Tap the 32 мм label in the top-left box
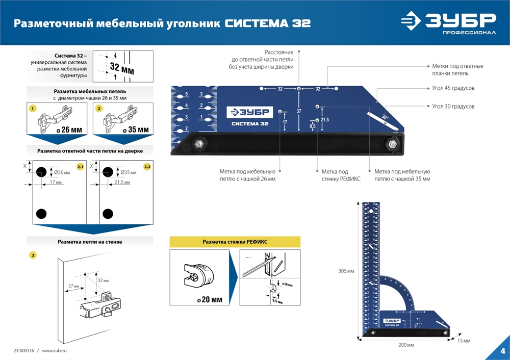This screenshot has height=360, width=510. [x=122, y=68]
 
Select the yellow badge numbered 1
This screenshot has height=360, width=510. [x=33, y=109]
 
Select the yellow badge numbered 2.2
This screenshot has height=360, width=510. [x=147, y=167]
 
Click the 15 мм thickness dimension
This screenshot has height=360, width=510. [x=464, y=340]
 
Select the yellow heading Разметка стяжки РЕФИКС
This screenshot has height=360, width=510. [x=235, y=242]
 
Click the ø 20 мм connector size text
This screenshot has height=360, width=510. [x=210, y=299]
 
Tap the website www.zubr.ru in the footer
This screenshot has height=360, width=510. [x=55, y=351]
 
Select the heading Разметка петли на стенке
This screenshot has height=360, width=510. [x=90, y=242]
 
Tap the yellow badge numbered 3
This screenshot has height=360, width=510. [x=33, y=254]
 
